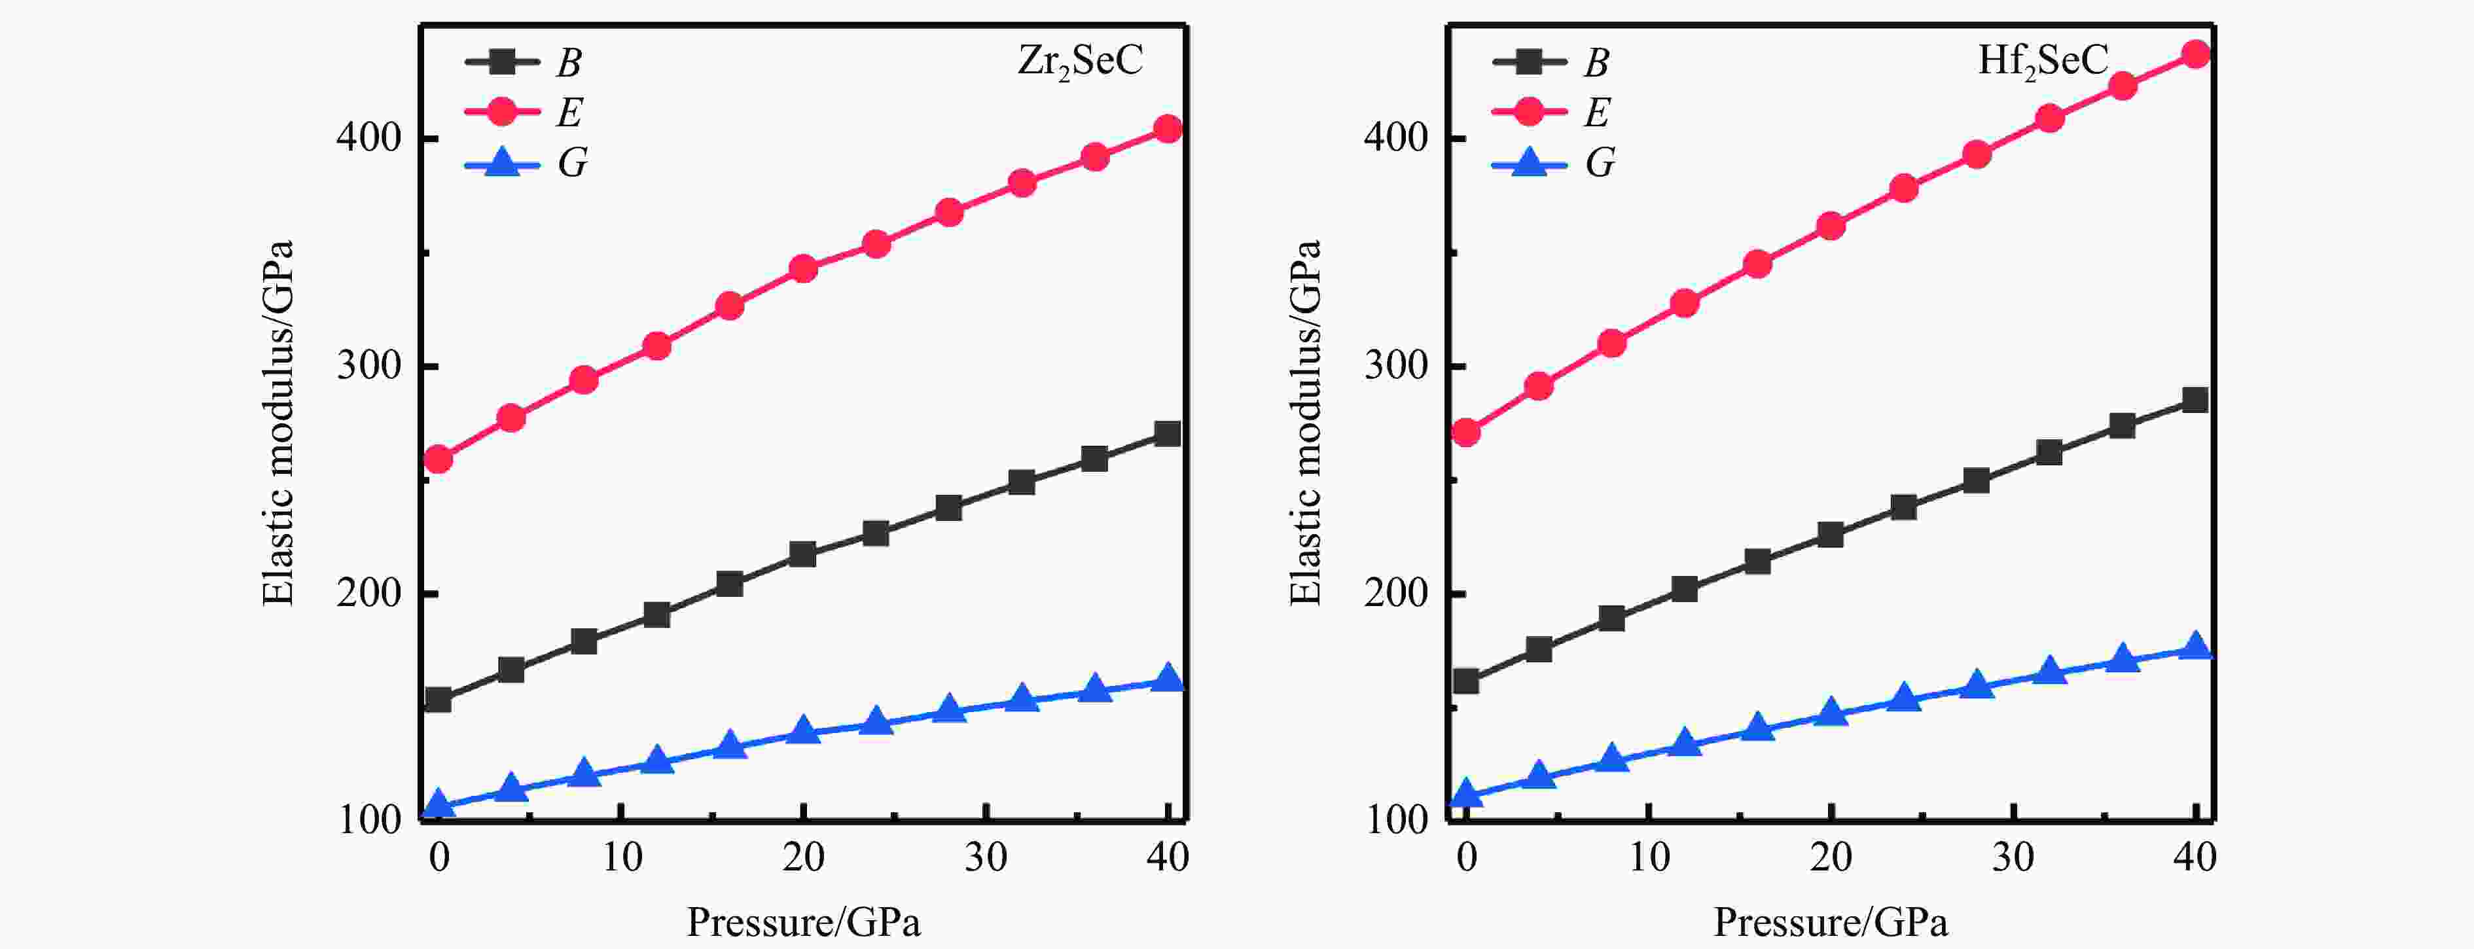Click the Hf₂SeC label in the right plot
click(x=2042, y=62)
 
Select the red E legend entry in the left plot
click(x=524, y=113)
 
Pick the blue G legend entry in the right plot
click(x=1552, y=163)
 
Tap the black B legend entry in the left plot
click(x=524, y=62)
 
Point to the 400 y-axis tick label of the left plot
click(x=368, y=137)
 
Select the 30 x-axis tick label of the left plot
click(x=986, y=857)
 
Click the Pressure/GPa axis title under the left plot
click(x=803, y=922)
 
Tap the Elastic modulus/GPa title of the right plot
click(x=1305, y=423)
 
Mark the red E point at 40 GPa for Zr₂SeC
click(x=1168, y=129)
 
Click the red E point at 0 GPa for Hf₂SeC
click(x=1465, y=432)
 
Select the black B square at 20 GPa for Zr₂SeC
click(x=803, y=554)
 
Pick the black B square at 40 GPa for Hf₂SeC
click(x=2195, y=400)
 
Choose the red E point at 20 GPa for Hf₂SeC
click(x=1831, y=226)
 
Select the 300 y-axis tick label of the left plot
click(x=368, y=365)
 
